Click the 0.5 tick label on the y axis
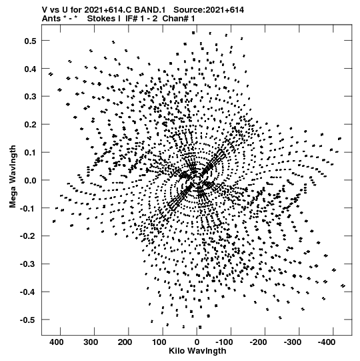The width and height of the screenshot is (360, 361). [x=30, y=41]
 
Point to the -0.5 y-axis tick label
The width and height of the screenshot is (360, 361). [x=28, y=320]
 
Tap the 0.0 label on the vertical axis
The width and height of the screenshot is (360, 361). [x=30, y=180]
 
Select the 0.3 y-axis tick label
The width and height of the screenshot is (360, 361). [x=30, y=97]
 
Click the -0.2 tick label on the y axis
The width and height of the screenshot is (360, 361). [x=28, y=236]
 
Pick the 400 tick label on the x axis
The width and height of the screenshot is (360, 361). [x=57, y=342]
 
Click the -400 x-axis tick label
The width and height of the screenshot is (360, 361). [x=327, y=342]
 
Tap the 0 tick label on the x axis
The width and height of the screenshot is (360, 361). [x=197, y=342]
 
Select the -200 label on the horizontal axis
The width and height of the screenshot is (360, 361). [x=259, y=342]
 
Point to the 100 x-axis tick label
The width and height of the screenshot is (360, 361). [x=159, y=342]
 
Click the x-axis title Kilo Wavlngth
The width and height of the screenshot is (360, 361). [x=197, y=351]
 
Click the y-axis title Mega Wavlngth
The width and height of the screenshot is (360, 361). [x=13, y=176]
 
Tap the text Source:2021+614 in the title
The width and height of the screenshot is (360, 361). [x=209, y=10]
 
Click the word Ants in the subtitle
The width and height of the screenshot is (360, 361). [x=51, y=19]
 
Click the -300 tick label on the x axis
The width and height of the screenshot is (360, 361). [x=293, y=342]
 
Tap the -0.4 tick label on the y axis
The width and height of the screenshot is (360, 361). [x=28, y=292]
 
